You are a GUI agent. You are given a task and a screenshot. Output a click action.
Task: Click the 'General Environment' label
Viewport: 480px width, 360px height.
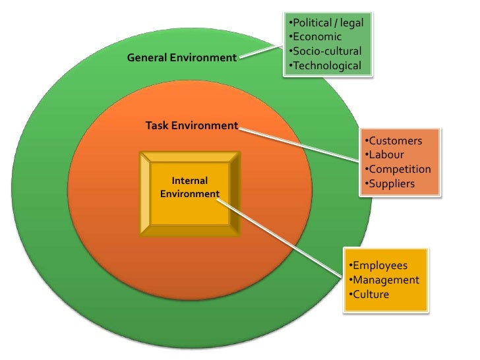[181, 58]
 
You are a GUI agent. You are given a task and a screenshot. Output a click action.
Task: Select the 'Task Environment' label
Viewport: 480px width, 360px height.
[191, 125]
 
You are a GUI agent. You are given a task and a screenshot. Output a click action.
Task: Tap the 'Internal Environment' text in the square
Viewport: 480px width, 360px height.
[189, 187]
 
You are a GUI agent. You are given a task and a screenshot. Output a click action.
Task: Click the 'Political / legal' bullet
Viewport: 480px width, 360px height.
[326, 22]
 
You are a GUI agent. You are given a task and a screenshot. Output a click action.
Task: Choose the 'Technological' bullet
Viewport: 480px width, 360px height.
[325, 65]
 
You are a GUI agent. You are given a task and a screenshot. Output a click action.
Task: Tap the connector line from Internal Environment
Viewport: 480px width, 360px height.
[284, 234]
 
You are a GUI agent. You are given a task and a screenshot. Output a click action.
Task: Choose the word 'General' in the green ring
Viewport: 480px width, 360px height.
[148, 58]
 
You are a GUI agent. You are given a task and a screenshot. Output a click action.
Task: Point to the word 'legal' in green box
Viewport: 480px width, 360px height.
[351, 22]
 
